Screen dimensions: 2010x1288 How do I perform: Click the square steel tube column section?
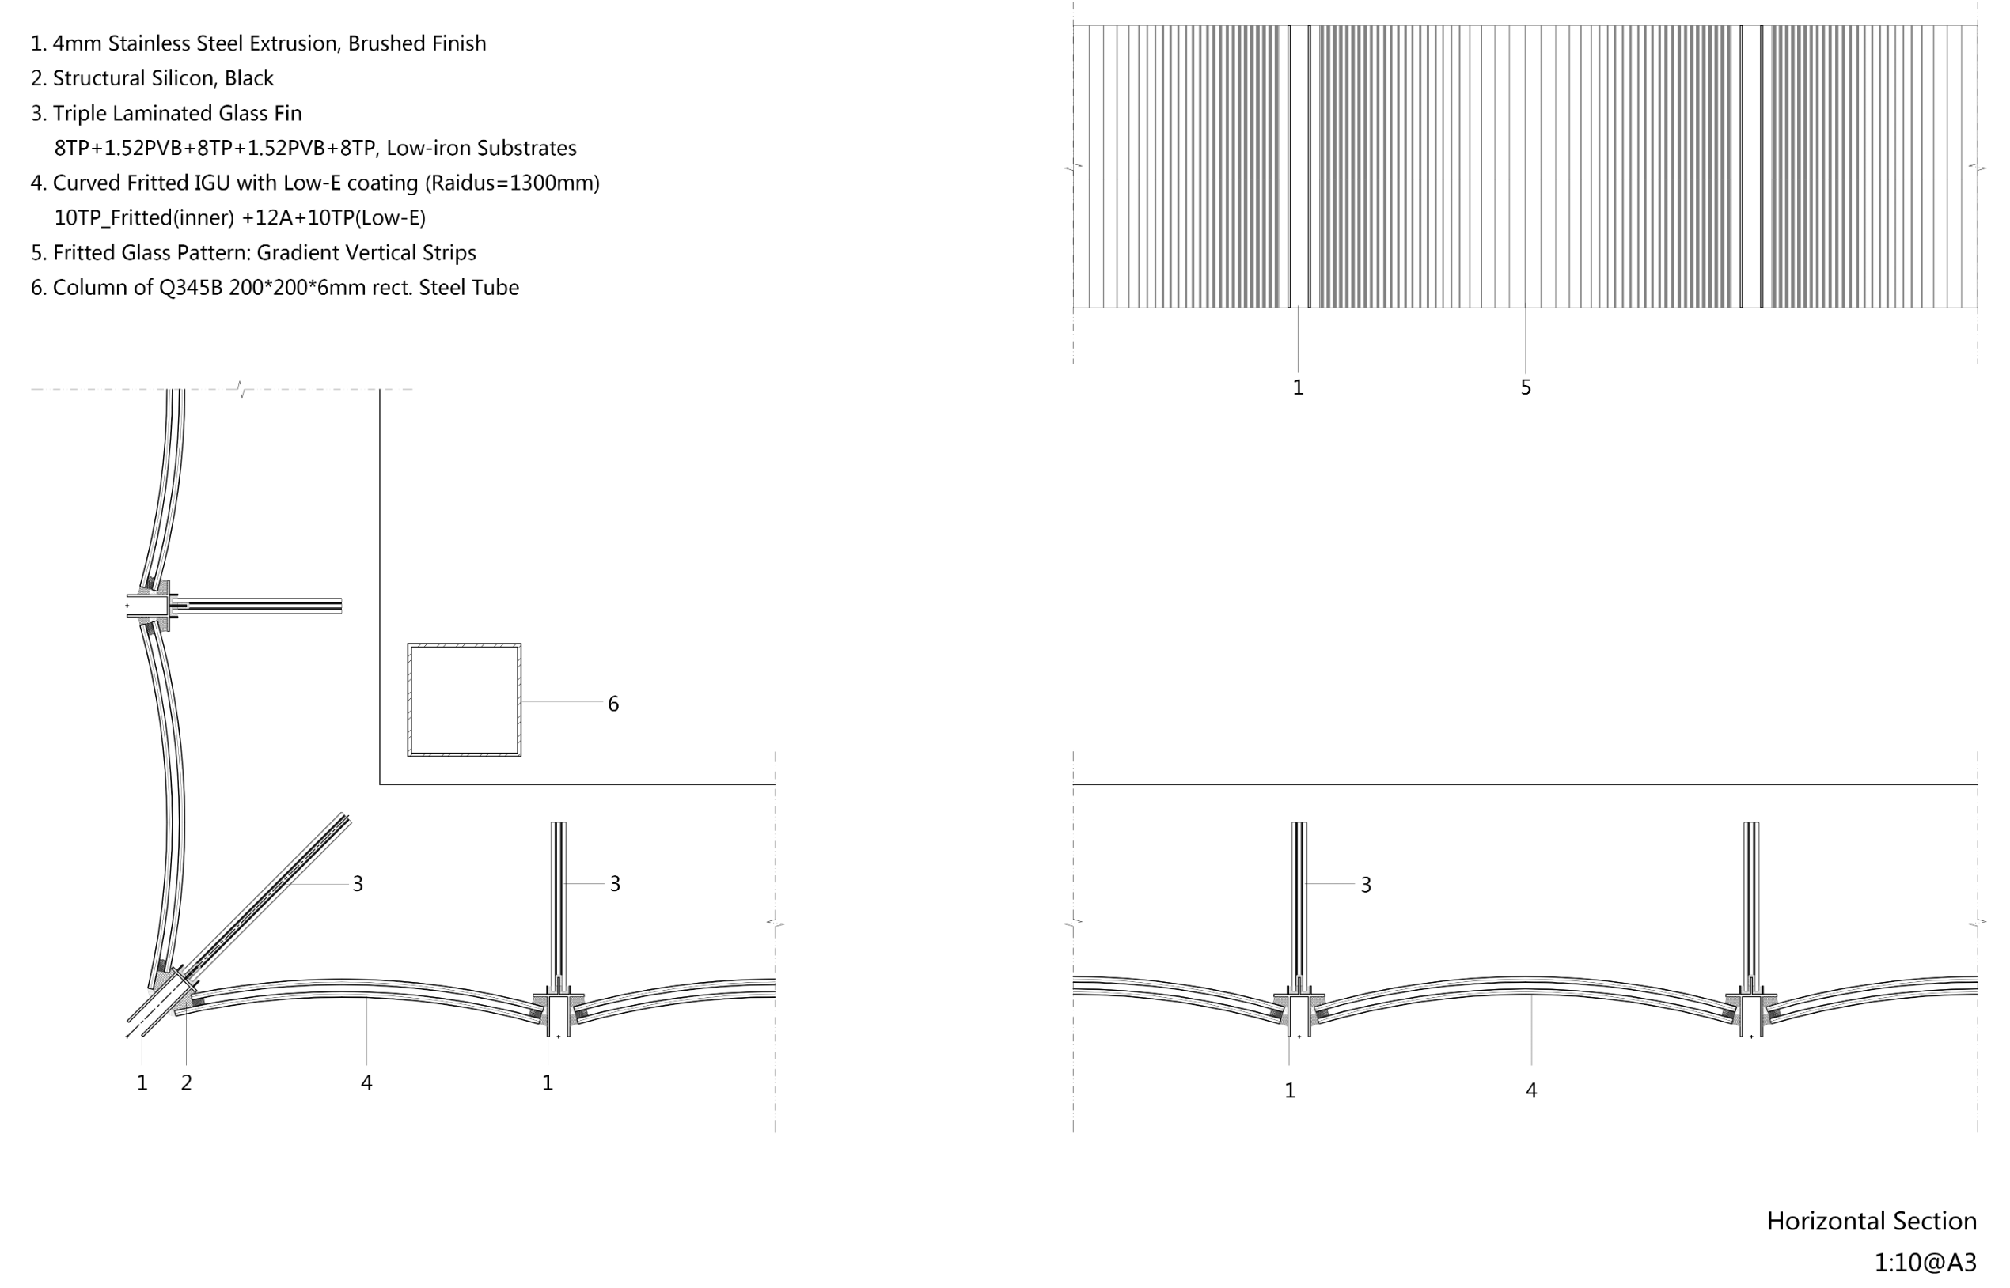[464, 700]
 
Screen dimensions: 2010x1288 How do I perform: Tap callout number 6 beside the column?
[613, 704]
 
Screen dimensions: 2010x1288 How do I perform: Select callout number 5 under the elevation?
[1526, 387]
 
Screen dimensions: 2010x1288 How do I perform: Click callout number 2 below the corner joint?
[187, 1082]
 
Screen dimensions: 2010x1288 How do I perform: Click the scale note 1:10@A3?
[1925, 1262]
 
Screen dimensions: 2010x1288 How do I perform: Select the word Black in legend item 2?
[248, 77]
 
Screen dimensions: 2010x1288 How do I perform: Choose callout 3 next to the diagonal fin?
[358, 884]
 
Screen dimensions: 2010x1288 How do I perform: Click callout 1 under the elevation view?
[1298, 387]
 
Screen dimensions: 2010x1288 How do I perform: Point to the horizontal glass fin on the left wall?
[260, 605]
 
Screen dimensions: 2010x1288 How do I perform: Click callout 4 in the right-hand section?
[1531, 1090]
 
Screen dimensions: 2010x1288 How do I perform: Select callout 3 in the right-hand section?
[1366, 885]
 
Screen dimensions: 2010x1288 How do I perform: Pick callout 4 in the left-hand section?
[366, 1082]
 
